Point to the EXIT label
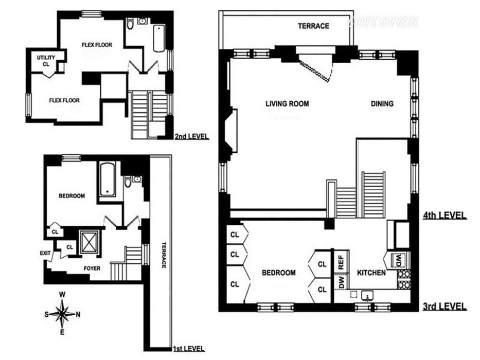(x=45, y=253)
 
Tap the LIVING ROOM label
(x=287, y=103)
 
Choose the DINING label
(x=382, y=103)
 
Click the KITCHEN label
(x=371, y=273)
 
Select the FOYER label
(x=92, y=268)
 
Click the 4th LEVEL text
(x=445, y=215)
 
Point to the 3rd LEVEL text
(x=445, y=307)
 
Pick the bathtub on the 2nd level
(x=159, y=38)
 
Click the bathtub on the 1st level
(x=107, y=179)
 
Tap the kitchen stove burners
(x=404, y=278)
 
